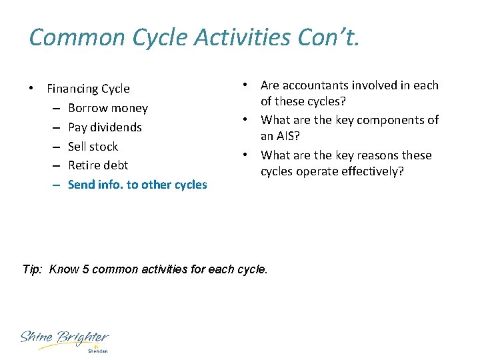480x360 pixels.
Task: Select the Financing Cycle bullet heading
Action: pos(88,89)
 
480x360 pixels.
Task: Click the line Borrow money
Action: pos(107,108)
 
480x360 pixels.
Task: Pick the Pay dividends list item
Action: pos(105,127)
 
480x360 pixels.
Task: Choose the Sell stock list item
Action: pos(93,147)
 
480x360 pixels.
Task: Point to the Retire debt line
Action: pos(98,165)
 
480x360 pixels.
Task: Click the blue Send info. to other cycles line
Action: pos(137,185)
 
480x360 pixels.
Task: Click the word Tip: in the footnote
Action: pos(33,270)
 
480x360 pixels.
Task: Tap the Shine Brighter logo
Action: pos(64,339)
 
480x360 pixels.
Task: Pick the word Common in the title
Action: pos(73,37)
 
